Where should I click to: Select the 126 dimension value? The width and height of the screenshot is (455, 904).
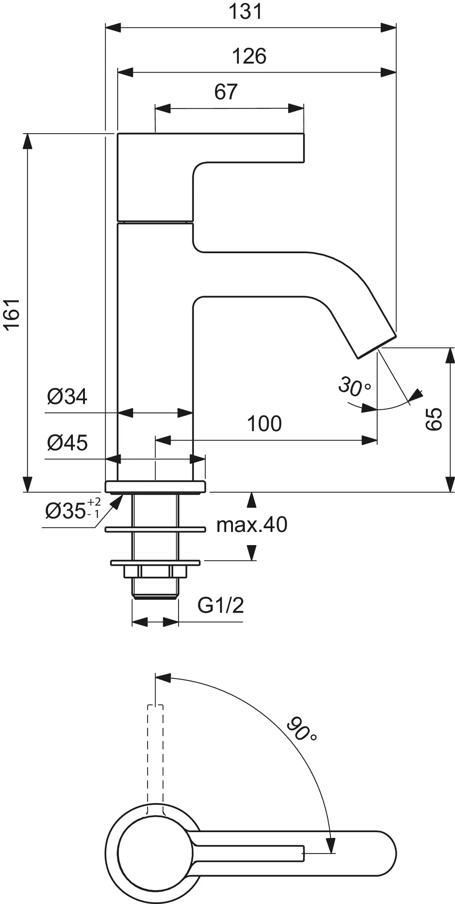(249, 56)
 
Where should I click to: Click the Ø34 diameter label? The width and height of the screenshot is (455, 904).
(67, 397)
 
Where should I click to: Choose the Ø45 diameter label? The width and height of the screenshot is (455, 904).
(67, 442)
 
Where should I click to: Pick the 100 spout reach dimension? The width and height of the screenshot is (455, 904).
(264, 424)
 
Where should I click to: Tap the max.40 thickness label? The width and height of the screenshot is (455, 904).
(252, 524)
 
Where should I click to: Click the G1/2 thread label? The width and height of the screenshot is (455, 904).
(221, 606)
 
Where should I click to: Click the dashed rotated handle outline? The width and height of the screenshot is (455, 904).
(155, 756)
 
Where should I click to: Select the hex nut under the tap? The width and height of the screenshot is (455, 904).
(155, 571)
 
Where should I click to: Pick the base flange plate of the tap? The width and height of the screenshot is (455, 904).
(155, 486)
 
